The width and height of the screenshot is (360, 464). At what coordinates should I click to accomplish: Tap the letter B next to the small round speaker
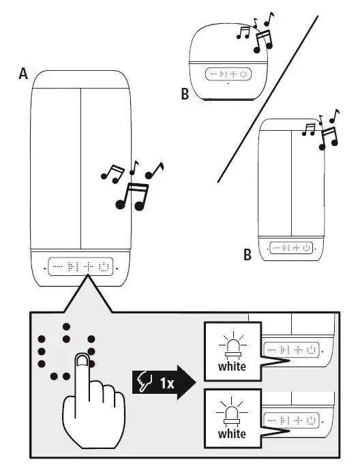(x=185, y=95)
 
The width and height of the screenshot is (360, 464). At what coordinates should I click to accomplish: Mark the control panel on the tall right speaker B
(x=291, y=248)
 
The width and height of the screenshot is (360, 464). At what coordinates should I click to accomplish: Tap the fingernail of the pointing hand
(x=82, y=361)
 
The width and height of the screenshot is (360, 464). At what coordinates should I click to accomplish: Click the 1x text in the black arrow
(x=166, y=383)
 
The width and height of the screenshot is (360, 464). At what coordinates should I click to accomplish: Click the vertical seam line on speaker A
(x=80, y=167)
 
